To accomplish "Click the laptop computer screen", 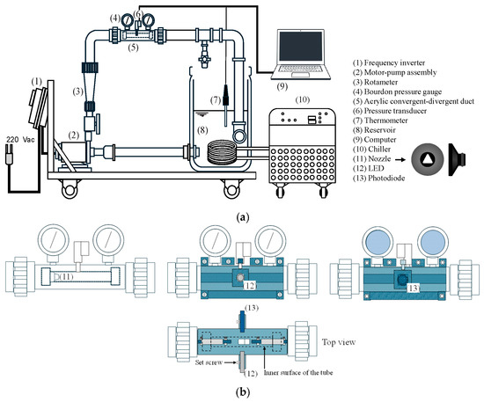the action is point(301,47).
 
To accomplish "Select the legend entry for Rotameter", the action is point(375,82).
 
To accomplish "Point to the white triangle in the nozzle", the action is point(427,159).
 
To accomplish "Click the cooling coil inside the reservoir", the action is point(221,152).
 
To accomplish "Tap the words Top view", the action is point(339,342).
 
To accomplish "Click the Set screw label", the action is point(209,362).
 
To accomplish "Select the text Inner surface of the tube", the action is point(298,373).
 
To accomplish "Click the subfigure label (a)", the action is point(242,217).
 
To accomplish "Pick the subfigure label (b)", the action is point(242,392).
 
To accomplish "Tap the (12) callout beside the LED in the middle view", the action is point(250,285).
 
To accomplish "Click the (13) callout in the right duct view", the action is point(414,289).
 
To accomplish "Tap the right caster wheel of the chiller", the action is point(323,191).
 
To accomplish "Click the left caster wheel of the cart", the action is point(70,191).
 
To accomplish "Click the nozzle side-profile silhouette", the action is point(457,159).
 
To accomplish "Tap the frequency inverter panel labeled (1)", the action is point(38,107).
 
